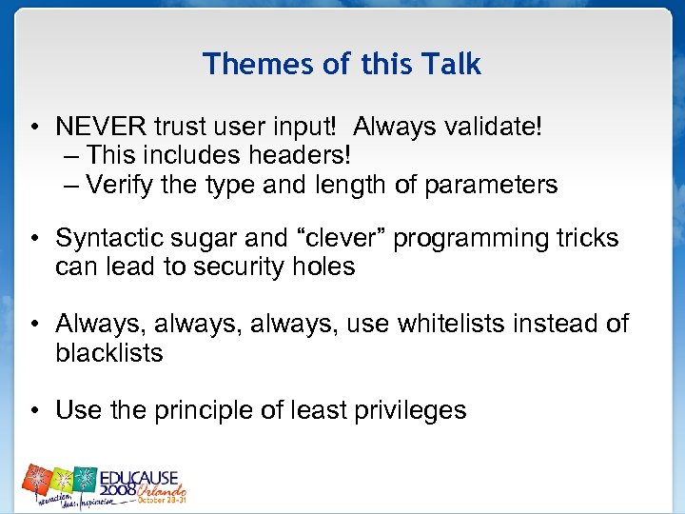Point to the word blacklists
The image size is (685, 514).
(x=109, y=352)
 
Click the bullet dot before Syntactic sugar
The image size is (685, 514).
(x=32, y=239)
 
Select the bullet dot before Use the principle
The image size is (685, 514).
(x=32, y=411)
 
